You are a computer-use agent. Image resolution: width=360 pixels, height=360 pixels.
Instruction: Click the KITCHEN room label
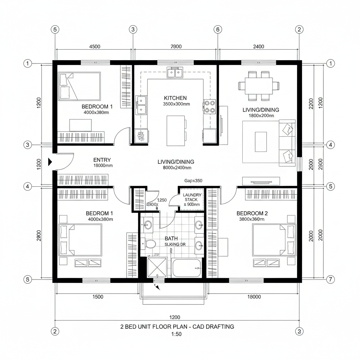(x=175, y=98)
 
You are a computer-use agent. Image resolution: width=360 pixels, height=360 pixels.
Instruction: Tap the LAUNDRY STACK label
(x=191, y=199)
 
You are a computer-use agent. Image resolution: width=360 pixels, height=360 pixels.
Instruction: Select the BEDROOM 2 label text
(x=252, y=213)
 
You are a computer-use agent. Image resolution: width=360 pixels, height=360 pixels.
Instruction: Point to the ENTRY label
(x=102, y=160)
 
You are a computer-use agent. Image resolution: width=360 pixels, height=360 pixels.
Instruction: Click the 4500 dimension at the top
(x=95, y=46)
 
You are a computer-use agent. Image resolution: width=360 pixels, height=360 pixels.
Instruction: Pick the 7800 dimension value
(x=176, y=46)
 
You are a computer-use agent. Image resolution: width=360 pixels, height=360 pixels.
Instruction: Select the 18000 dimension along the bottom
(x=254, y=297)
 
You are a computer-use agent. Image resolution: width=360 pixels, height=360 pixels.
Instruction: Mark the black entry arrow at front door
(x=50, y=161)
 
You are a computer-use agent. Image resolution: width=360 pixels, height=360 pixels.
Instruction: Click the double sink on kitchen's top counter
(x=175, y=73)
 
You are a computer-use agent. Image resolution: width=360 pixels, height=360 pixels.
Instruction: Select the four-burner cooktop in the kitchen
(x=210, y=107)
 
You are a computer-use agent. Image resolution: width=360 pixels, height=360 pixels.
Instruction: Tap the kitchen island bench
(x=176, y=131)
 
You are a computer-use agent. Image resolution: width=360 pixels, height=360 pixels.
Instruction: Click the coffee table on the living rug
(x=261, y=142)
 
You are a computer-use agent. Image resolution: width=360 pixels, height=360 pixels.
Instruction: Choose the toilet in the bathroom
(x=151, y=243)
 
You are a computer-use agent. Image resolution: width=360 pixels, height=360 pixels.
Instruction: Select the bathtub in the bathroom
(x=186, y=268)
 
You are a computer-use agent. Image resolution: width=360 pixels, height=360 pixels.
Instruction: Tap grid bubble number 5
(x=330, y=186)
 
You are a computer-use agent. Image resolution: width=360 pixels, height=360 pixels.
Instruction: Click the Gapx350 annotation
(x=193, y=181)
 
